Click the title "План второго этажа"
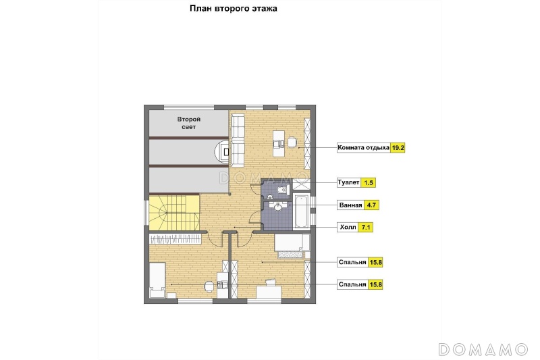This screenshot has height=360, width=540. click(x=233, y=8)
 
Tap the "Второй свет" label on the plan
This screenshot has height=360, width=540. click(x=189, y=123)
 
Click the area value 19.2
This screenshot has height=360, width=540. click(x=398, y=148)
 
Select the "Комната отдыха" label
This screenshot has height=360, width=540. click(x=363, y=148)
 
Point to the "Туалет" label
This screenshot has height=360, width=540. click(x=348, y=182)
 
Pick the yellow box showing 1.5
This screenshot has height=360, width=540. click(x=369, y=182)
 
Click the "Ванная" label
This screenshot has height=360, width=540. click(x=350, y=205)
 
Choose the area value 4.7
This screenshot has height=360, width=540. click(x=371, y=205)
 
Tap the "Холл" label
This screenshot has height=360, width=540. click(x=348, y=228)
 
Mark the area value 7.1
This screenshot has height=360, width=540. click(x=365, y=228)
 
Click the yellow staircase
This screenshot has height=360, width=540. click(x=174, y=213)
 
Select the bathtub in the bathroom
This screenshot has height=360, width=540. click(x=301, y=211)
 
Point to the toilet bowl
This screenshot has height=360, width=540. click(x=282, y=189)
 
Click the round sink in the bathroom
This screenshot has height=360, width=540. click(x=277, y=207)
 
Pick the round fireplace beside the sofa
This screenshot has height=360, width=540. click(x=222, y=151)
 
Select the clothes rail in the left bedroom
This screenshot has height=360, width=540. click(x=175, y=238)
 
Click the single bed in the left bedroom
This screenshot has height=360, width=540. click(x=157, y=280)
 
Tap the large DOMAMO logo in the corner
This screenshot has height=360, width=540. click(x=483, y=349)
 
